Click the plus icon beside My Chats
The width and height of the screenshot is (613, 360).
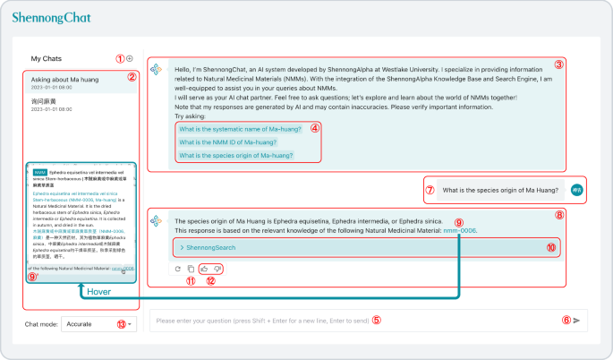[130, 58]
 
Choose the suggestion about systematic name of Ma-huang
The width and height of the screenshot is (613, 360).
[239, 129]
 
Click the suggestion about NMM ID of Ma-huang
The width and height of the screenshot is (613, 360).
[227, 141]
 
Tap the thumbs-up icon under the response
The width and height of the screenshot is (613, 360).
[204, 268]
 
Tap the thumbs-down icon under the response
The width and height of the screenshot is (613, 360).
[217, 268]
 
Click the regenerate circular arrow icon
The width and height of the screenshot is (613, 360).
[178, 268]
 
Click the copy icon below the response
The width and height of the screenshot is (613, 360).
[191, 268]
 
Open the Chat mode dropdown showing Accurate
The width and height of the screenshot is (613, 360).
[98, 323]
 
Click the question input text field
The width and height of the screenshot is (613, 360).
[358, 321]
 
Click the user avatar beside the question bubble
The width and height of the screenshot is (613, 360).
[577, 190]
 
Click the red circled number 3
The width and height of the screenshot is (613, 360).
[558, 64]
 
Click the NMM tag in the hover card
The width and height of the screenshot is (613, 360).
[39, 171]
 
